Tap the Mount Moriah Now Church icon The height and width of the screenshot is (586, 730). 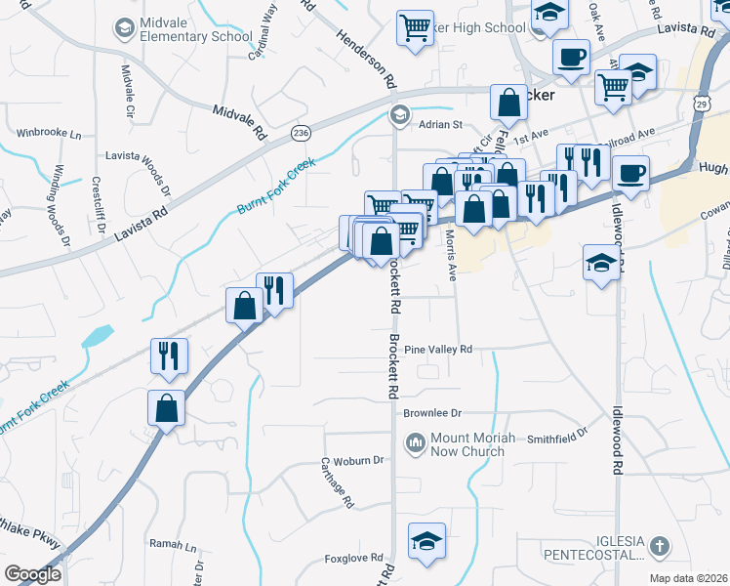pos(415,444)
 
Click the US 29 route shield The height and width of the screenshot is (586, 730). pos(702,102)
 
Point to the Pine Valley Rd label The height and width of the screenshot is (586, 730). pos(438,349)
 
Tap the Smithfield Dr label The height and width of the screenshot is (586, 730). pos(558,431)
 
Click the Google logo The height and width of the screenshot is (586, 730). pos(32,574)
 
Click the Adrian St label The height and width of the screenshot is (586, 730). pos(439,124)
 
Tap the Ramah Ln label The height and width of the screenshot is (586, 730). pos(173,543)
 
